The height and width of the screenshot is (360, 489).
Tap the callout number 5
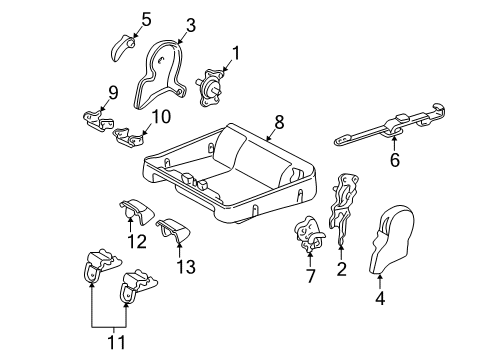click(145, 18)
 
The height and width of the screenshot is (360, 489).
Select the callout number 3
click(190, 25)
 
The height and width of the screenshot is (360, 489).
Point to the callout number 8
click(279, 122)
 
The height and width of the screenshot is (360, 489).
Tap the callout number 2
click(342, 268)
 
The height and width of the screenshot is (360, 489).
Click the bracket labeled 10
click(128, 133)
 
